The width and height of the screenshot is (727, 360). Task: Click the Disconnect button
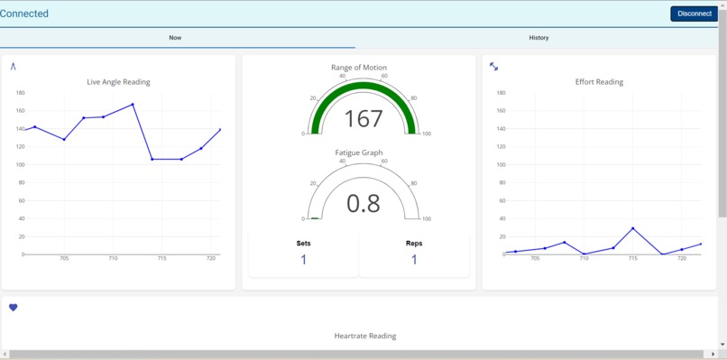point(694,14)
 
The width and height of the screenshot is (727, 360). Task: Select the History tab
point(538,38)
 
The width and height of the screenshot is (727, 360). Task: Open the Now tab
point(175,38)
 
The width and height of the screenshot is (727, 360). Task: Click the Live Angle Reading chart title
point(118,82)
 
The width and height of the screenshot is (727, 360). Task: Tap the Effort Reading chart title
point(599,82)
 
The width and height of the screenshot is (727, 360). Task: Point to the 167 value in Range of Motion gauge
point(363,119)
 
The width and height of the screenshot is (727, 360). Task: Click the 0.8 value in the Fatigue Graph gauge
point(363,204)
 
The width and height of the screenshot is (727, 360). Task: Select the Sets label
point(303,244)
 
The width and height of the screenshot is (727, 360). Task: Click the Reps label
point(414,244)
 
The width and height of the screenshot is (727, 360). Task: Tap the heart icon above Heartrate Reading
point(14,308)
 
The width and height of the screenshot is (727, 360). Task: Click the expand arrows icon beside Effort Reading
point(493,67)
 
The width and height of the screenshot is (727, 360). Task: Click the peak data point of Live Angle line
point(133,105)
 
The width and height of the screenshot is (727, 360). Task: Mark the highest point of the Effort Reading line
point(633,229)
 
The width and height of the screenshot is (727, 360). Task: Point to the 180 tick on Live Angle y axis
point(20,93)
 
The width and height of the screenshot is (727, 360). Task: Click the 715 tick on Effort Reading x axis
point(633,259)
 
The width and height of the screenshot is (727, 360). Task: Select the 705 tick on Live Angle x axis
point(64,259)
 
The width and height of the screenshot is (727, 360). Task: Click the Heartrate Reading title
point(365,336)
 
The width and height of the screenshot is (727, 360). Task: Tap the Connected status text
point(24,14)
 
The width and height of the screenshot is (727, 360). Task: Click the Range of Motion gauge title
point(359,68)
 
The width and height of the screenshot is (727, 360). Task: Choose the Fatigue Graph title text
point(359,152)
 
